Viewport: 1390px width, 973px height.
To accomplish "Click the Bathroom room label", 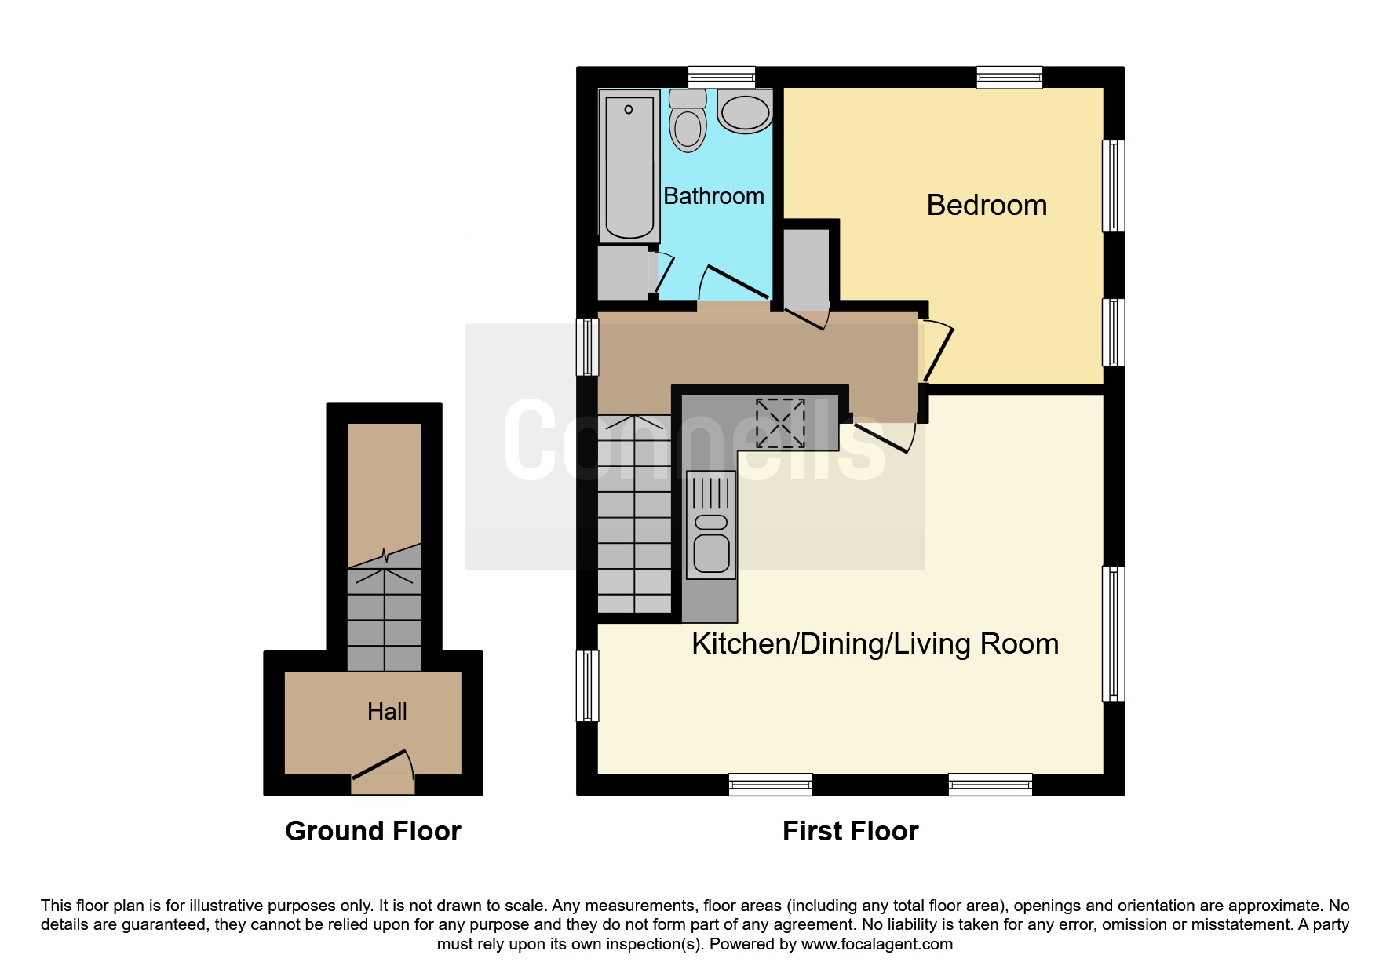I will (x=713, y=195).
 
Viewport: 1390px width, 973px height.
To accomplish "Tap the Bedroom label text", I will (x=987, y=205).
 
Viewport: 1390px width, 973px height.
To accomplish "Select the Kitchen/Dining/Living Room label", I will (x=874, y=643).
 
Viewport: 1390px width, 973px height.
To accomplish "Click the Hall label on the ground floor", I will (x=387, y=711).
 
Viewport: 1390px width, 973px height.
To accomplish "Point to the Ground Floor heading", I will (x=373, y=831).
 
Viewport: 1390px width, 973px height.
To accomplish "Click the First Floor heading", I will (x=850, y=831).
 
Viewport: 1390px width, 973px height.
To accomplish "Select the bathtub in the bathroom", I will (x=629, y=166).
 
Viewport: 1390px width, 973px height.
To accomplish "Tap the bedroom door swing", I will (x=938, y=352).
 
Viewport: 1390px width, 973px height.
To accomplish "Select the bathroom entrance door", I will (x=735, y=282).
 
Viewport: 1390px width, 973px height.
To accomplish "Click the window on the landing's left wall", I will (x=587, y=346).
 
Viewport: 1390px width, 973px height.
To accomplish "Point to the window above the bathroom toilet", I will (x=721, y=76).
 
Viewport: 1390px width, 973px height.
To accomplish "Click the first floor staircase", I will (x=634, y=518).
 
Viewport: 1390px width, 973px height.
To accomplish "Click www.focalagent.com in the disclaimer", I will (x=877, y=944).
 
